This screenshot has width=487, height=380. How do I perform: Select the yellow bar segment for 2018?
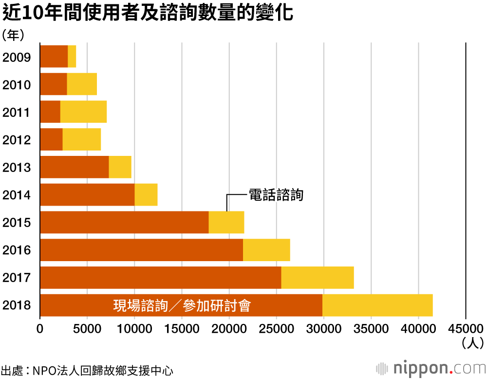tap(377, 305)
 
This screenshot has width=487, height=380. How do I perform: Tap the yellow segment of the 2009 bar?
tap(72, 56)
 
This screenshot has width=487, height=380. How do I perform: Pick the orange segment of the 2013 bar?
tap(74, 167)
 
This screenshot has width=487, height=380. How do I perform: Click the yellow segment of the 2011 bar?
tap(83, 112)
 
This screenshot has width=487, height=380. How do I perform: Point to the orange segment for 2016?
tap(141, 250)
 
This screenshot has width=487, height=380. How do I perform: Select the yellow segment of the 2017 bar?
tap(318, 278)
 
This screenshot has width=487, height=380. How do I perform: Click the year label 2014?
tap(17, 195)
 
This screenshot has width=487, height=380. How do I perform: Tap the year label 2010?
tap(17, 85)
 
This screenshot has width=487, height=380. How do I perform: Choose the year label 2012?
tap(17, 140)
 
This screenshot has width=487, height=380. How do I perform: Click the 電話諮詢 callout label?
tap(276, 195)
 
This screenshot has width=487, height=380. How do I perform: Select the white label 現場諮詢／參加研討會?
tap(182, 306)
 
